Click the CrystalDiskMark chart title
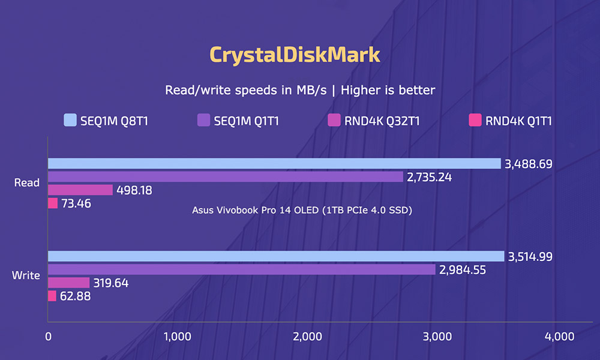[295, 55]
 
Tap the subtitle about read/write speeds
[299, 90]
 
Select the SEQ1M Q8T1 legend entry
[106, 121]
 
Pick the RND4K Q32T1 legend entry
[373, 121]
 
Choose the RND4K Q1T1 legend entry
[511, 121]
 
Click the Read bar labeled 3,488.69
[274, 164]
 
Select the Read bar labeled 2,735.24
[226, 176]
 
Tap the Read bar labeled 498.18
[80, 190]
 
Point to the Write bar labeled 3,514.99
[276, 256]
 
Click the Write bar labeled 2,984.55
[242, 269]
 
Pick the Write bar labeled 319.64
[68, 283]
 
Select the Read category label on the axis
[27, 183]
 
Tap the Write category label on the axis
[26, 276]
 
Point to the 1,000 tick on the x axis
[177, 337]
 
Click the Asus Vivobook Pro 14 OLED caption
[302, 210]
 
